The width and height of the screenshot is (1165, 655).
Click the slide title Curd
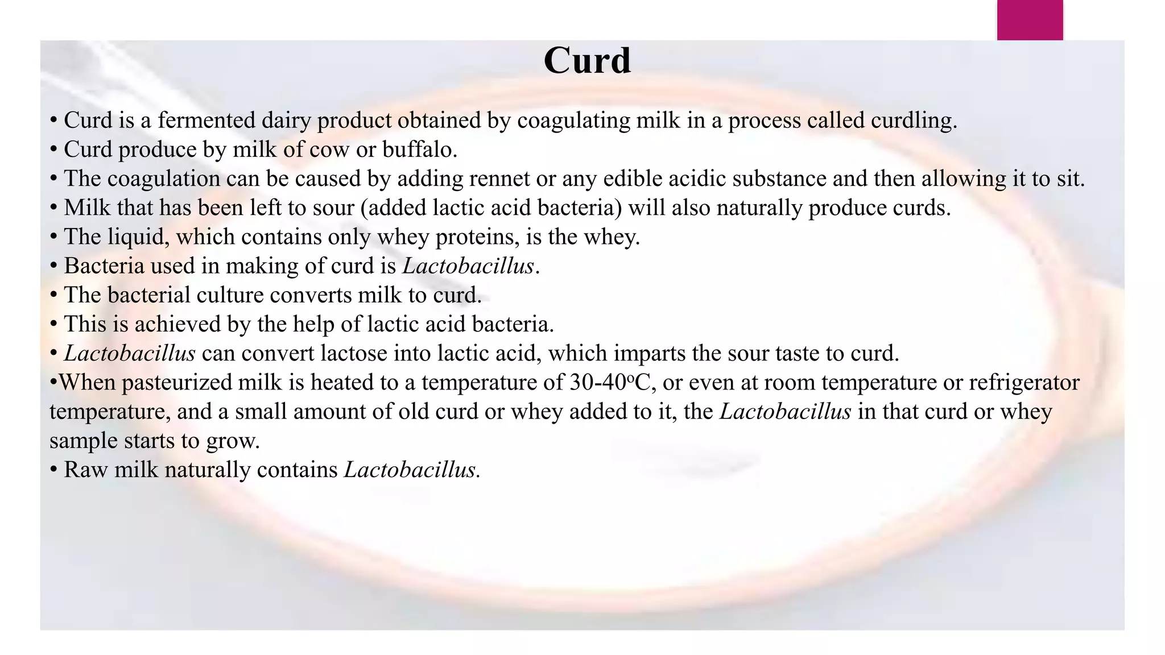click(x=587, y=60)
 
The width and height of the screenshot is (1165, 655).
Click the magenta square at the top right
click(x=1030, y=20)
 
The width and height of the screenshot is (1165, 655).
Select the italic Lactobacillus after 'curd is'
click(x=468, y=266)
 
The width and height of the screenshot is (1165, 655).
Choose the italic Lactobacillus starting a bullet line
click(x=130, y=354)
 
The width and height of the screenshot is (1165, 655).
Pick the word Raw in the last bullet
click(x=85, y=470)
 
